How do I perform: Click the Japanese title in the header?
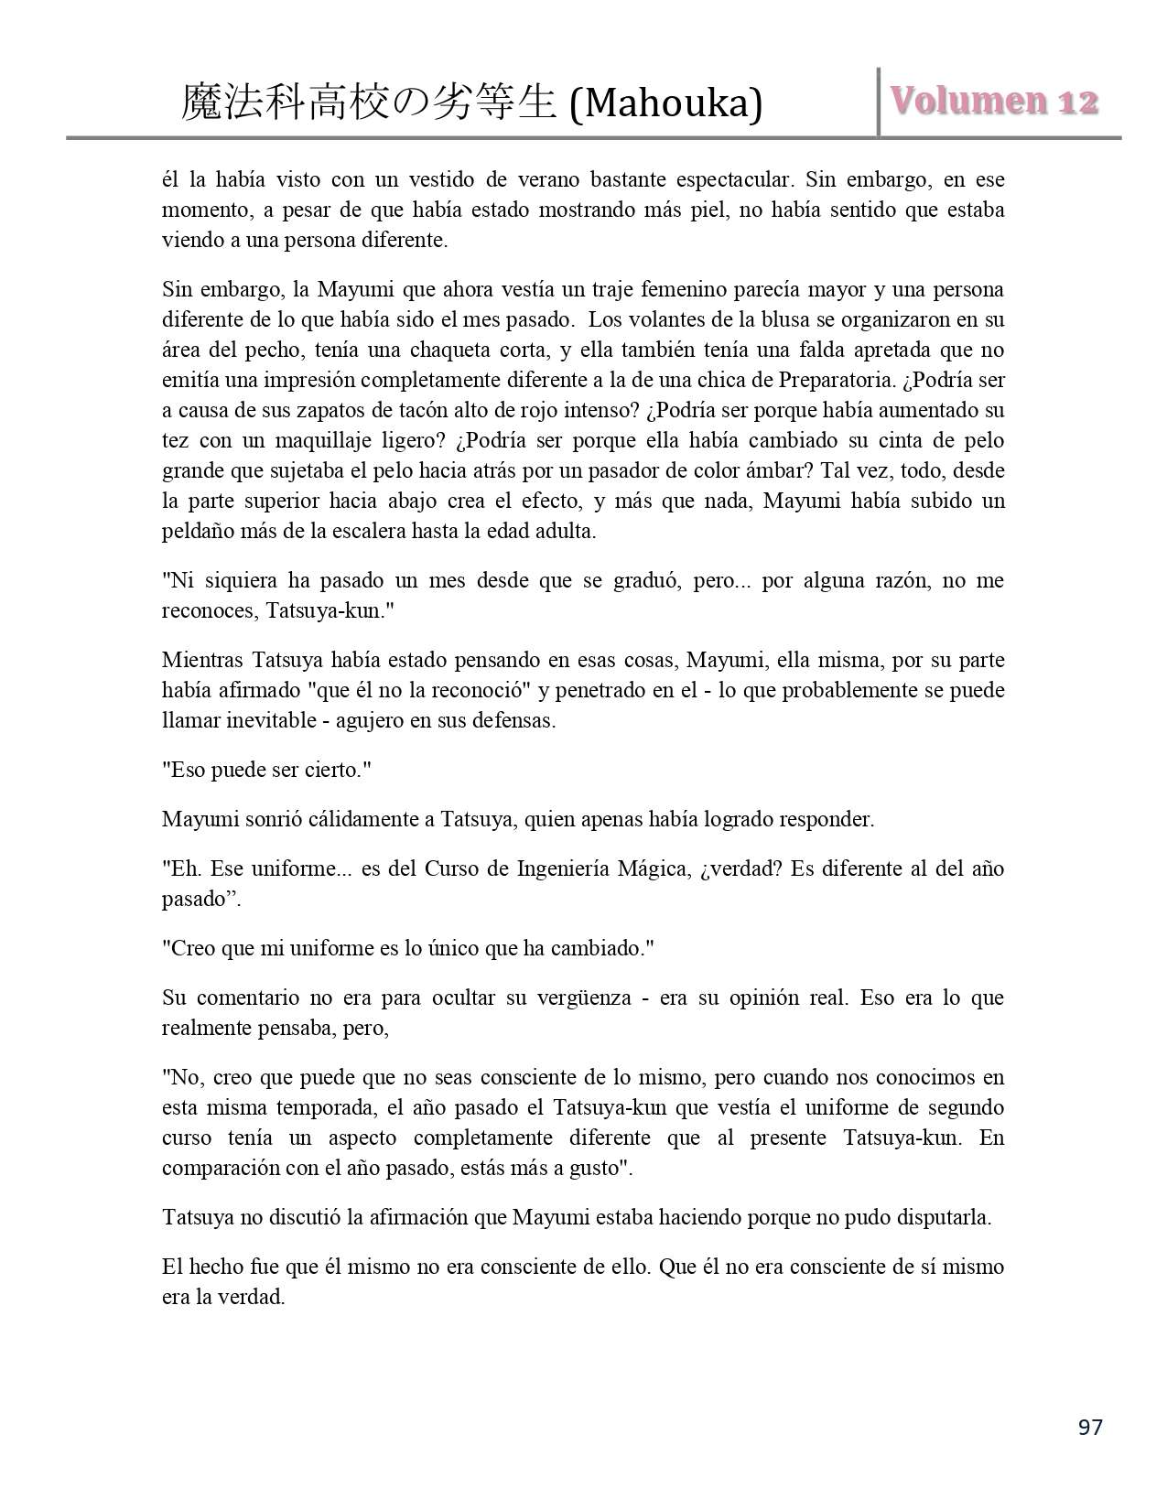click(369, 103)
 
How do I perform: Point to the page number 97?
click(1090, 1427)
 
